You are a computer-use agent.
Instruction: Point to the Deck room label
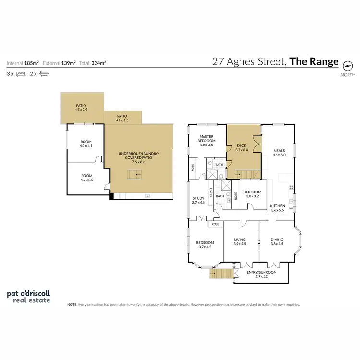(241, 147)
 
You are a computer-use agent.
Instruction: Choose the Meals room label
(279, 152)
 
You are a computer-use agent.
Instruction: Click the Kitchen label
(278, 208)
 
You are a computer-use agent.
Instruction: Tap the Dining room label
(277, 241)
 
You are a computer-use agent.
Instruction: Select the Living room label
(240, 241)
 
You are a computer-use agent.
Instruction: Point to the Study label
(198, 200)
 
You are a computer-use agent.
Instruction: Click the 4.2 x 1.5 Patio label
(122, 118)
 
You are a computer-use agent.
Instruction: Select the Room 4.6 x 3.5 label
(86, 178)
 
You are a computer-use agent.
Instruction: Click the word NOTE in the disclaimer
(72, 304)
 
